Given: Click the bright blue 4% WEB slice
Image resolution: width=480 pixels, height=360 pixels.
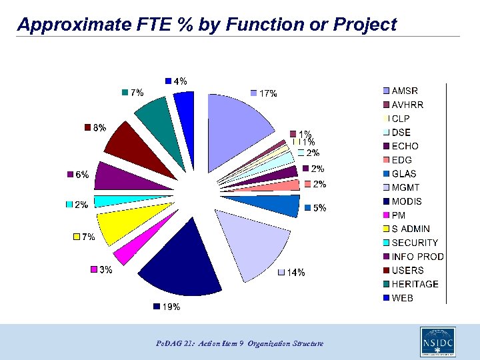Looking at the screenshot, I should (185, 107).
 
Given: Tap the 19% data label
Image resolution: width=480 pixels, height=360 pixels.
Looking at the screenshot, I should (171, 307).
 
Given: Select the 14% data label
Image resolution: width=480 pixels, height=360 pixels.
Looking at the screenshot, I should (295, 272).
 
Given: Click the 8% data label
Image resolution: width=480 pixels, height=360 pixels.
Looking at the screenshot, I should (99, 127).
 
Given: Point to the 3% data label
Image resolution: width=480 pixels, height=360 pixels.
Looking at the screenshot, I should (105, 269).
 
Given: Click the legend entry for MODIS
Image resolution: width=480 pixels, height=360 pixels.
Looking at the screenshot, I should (407, 201).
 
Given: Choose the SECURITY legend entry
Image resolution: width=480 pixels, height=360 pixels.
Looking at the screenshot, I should (415, 243).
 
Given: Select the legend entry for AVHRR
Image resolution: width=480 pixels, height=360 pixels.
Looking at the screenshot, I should (407, 105).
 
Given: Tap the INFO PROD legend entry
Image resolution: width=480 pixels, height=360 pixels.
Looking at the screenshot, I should (417, 257).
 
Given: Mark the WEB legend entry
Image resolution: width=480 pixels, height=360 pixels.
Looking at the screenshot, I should (402, 298).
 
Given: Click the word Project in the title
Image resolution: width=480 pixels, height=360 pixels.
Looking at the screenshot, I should (365, 25).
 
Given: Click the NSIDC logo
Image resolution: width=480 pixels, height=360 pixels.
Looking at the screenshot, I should (437, 341).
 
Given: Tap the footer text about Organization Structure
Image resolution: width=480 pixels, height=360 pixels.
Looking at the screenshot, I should (241, 343).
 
